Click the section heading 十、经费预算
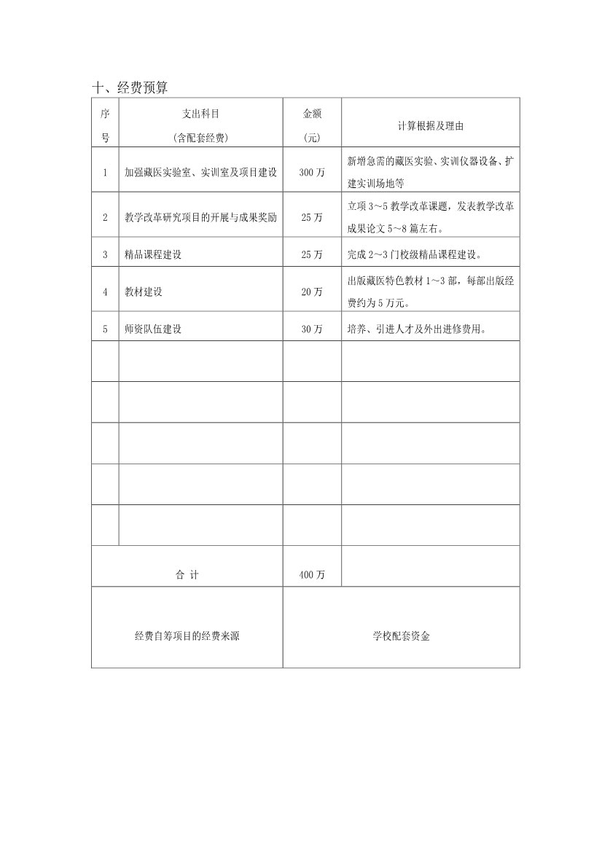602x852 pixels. point(130,88)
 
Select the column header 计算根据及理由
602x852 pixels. point(430,125)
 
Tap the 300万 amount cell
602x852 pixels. point(312,173)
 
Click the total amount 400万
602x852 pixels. point(312,575)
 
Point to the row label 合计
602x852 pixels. point(187,575)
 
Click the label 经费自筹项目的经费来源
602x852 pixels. point(187,636)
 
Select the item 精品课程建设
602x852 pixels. point(153,254)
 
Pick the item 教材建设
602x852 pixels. point(144,292)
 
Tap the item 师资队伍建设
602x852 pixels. point(153,329)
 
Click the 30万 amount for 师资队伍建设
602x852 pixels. point(312,329)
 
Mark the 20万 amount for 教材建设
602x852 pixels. point(312,292)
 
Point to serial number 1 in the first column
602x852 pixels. point(105,173)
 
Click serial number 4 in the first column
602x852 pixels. point(105,292)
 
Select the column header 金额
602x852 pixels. point(312,114)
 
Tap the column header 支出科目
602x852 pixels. point(200,114)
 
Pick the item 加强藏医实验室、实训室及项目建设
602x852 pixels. point(200,173)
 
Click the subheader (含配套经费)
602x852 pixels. point(200,137)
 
